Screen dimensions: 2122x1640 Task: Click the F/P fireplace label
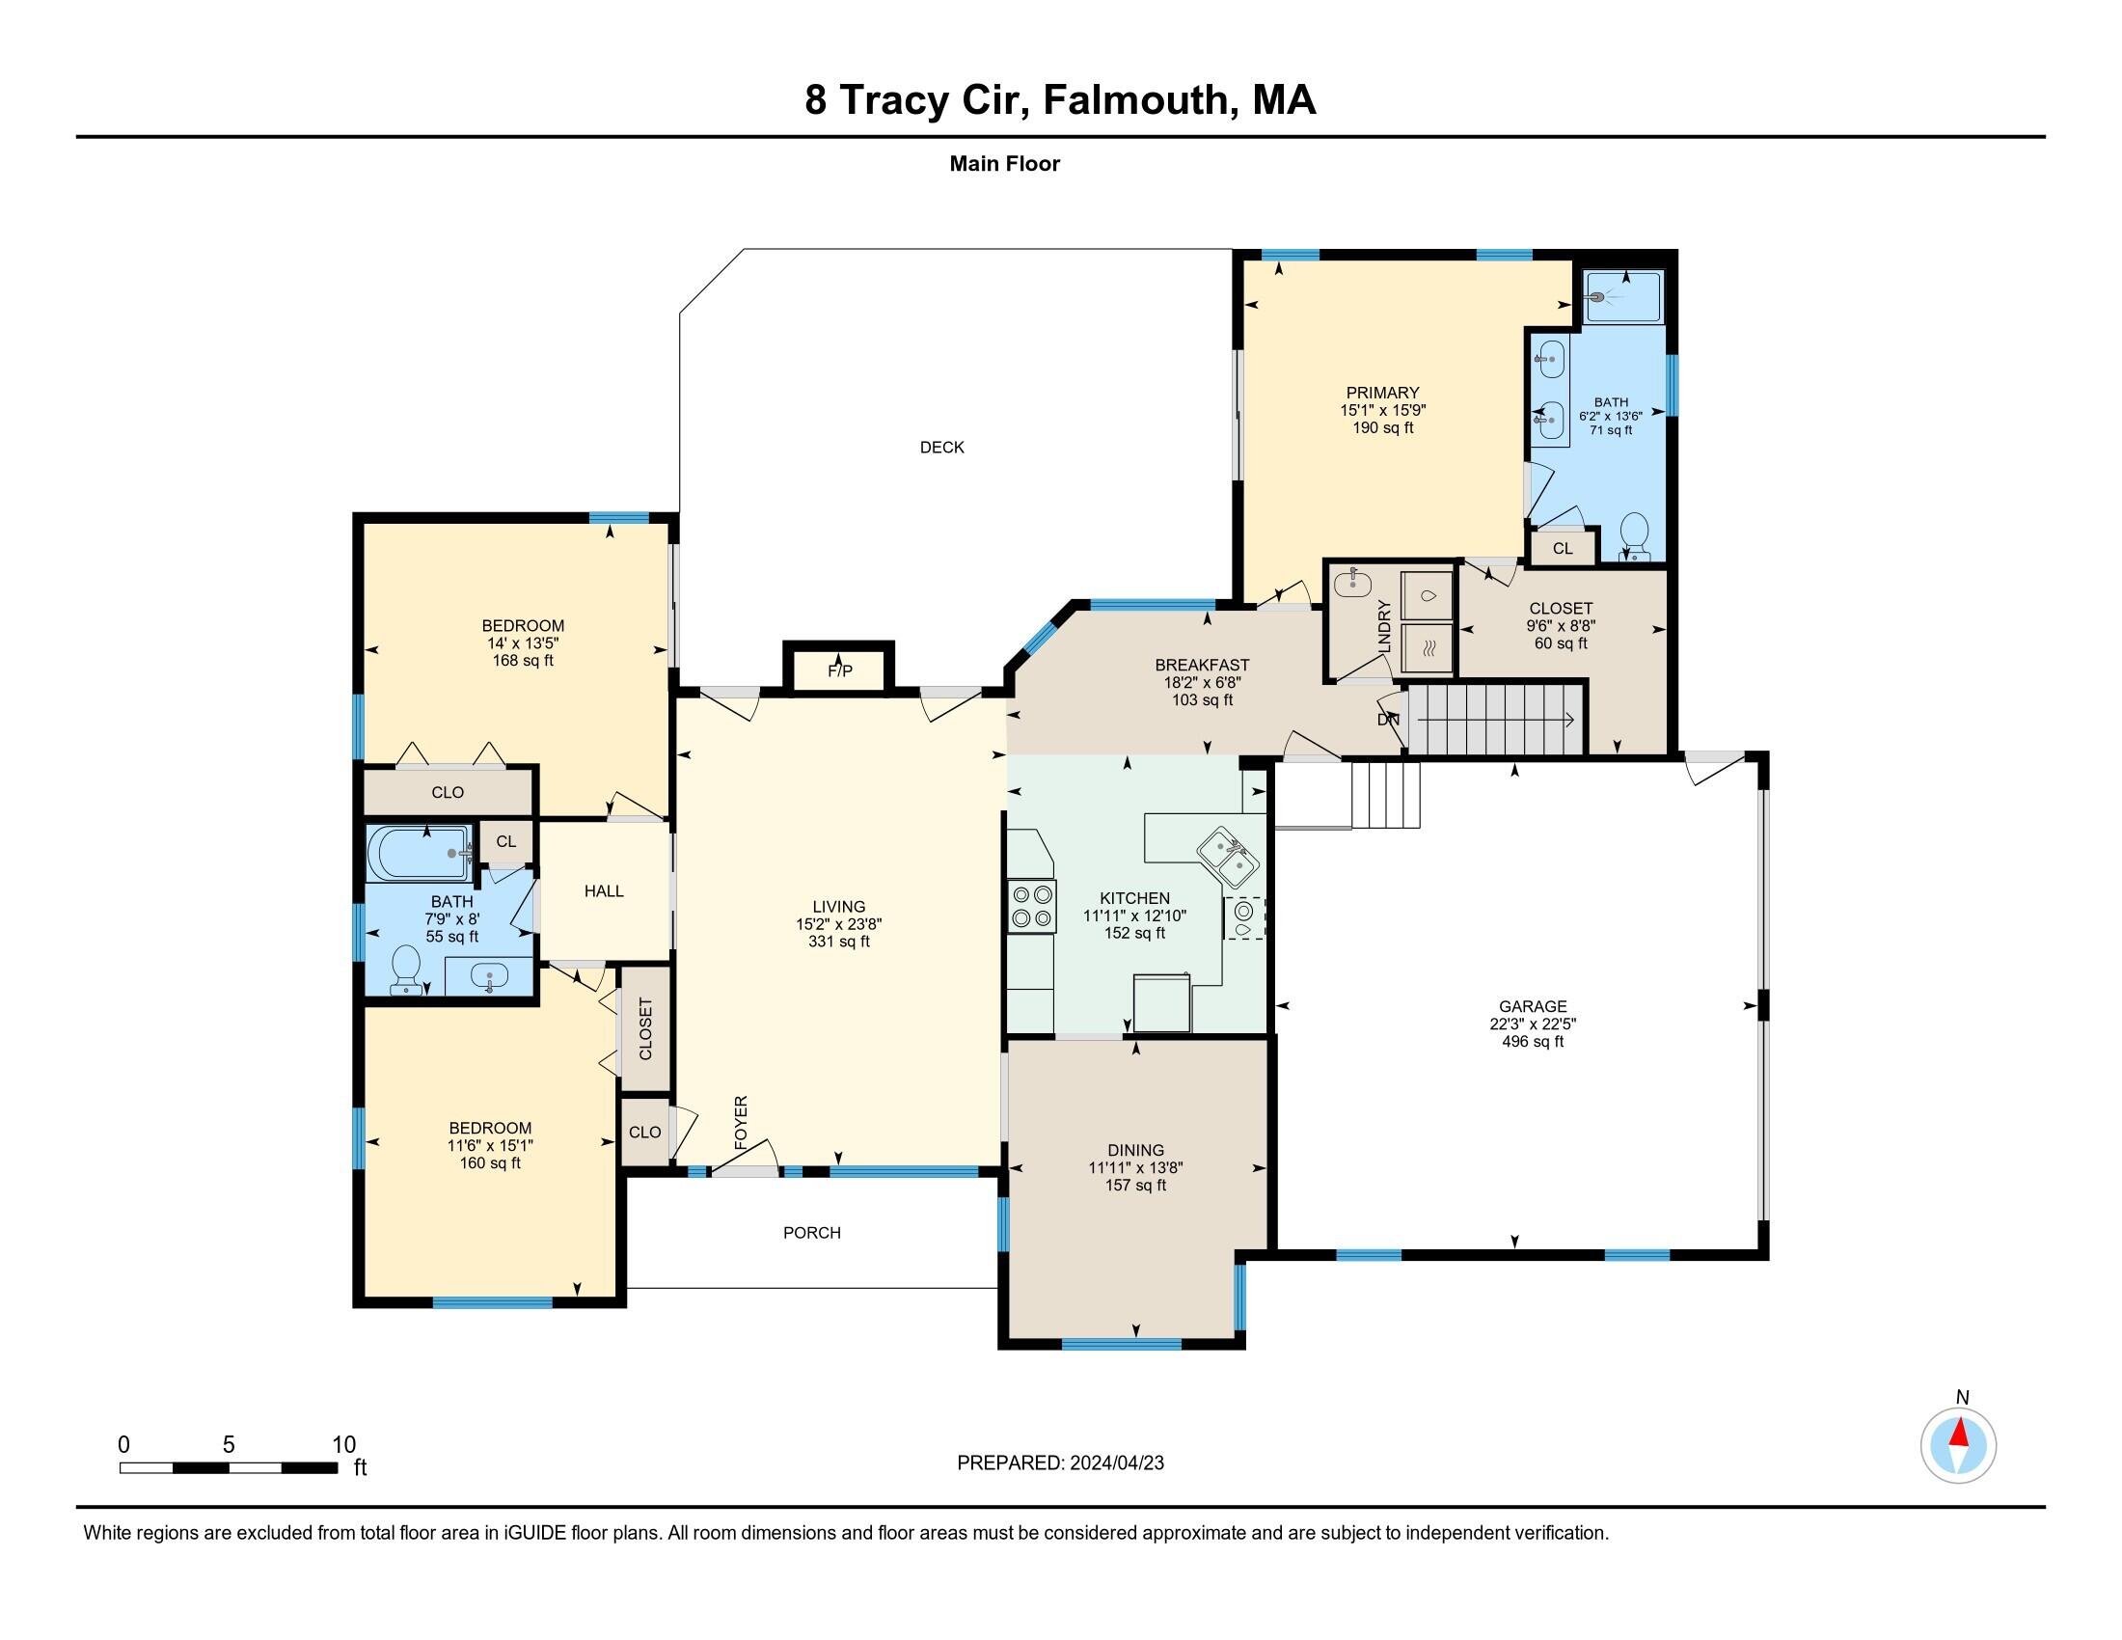(839, 670)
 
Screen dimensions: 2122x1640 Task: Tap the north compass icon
(1958, 1445)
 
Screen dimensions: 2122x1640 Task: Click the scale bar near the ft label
(229, 1467)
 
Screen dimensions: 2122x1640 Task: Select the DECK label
(941, 447)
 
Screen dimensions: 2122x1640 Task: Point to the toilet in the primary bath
(1636, 537)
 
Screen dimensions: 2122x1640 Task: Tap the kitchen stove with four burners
(1032, 906)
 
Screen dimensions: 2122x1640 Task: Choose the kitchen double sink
(1227, 857)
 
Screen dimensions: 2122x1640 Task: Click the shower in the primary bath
(1623, 297)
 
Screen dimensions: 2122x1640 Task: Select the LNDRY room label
(1384, 626)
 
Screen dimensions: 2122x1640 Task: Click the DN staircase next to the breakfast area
(1496, 719)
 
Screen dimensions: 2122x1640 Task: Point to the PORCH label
(811, 1232)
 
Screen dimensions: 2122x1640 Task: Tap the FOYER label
(742, 1123)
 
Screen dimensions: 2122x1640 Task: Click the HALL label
(604, 890)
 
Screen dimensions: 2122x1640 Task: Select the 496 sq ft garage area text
(1533, 1042)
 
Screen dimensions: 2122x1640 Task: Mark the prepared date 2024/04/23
(1116, 1462)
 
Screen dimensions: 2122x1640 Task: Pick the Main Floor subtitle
(1005, 163)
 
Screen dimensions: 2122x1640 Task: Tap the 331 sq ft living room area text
(838, 942)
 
